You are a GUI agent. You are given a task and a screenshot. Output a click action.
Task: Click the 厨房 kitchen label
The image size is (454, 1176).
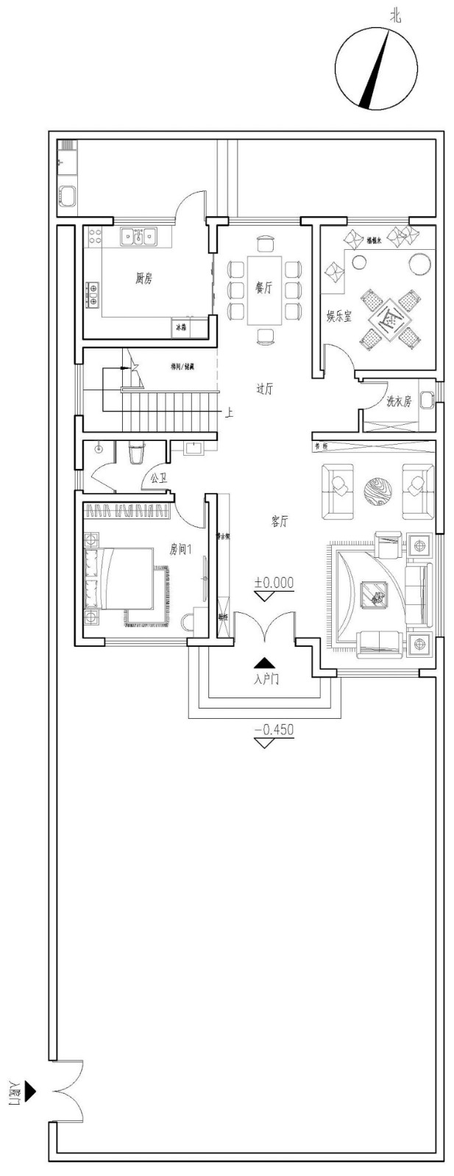(143, 279)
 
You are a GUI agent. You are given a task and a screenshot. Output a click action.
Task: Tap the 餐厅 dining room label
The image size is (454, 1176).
(263, 288)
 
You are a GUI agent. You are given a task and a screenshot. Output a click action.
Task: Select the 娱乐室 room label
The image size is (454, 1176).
(339, 317)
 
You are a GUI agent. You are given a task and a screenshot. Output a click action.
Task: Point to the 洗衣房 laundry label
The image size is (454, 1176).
(399, 401)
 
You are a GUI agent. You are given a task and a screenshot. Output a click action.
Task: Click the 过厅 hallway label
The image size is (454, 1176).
(264, 389)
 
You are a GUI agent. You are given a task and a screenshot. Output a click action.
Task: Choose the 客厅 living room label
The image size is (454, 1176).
(279, 521)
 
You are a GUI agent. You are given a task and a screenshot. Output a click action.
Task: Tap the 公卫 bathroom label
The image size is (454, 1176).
(158, 478)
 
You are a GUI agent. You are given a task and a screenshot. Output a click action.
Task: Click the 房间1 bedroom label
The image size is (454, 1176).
(180, 548)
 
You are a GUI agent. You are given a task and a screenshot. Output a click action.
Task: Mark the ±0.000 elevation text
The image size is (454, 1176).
(274, 583)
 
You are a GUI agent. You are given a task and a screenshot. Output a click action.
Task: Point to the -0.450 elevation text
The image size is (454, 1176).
(274, 730)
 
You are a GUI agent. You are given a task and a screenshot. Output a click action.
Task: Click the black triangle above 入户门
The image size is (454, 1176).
(263, 663)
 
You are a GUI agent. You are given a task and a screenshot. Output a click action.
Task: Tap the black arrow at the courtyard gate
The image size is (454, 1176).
(29, 1091)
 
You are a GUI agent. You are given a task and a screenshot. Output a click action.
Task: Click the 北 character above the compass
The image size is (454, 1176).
(396, 15)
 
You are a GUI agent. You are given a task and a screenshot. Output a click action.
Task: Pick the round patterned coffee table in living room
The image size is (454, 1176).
(379, 491)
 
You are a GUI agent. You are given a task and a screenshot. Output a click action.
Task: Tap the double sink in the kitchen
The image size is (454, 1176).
(138, 236)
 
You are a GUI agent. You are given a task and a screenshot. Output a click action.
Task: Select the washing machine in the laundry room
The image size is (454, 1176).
(426, 401)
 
